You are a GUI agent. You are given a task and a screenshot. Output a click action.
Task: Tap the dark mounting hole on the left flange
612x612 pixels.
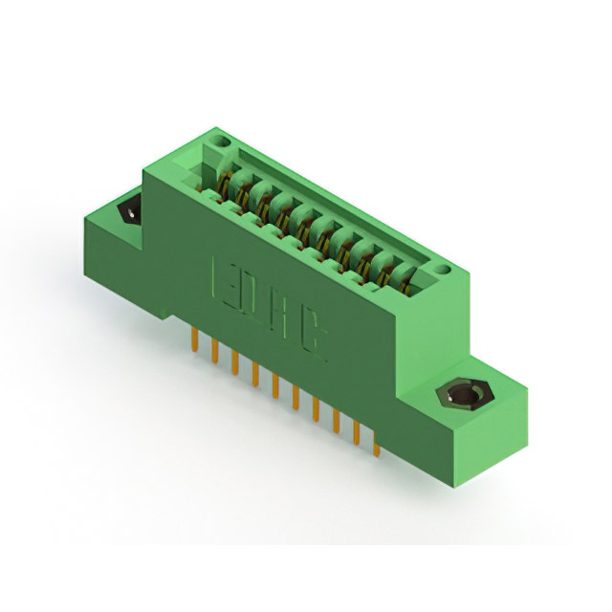pos(125,212)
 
